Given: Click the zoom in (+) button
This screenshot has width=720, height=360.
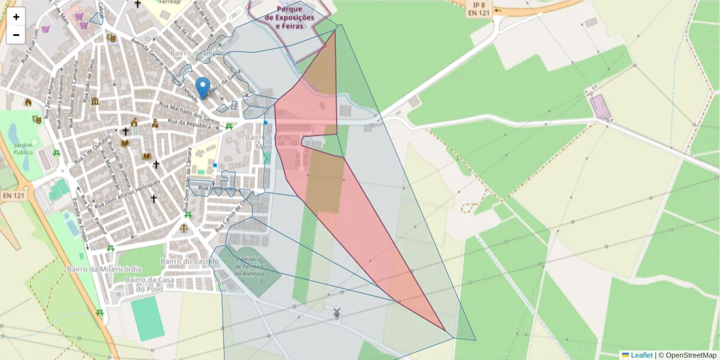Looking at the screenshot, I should pyautogui.click(x=16, y=17).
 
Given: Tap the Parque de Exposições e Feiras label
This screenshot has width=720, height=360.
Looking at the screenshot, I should pyautogui.click(x=294, y=17).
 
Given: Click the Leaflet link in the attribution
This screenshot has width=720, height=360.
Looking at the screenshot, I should pyautogui.click(x=641, y=355).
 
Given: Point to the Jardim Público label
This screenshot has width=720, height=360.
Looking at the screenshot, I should pyautogui.click(x=22, y=148).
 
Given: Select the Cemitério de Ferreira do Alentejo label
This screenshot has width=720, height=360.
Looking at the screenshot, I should pyautogui.click(x=248, y=266).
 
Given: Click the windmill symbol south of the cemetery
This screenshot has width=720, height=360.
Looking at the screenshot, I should pyautogui.click(x=336, y=312).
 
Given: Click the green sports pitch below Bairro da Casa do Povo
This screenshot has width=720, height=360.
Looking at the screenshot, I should pyautogui.click(x=148, y=318).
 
